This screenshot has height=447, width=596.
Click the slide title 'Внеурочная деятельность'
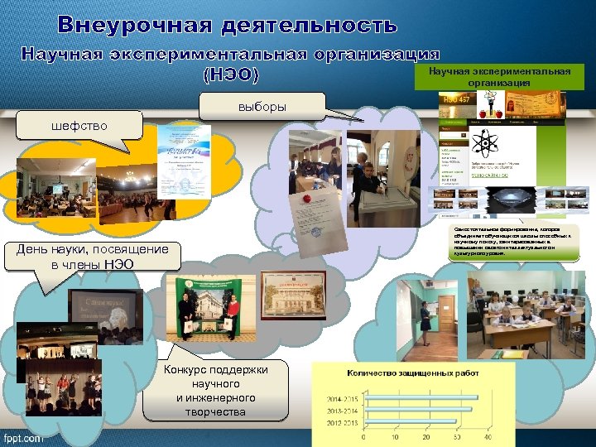[228, 25]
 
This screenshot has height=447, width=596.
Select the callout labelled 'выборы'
[262, 107]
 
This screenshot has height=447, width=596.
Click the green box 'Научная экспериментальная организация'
[499, 77]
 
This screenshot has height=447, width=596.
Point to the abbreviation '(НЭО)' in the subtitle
[231, 75]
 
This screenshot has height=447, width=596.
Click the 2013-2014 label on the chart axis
[340, 409]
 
